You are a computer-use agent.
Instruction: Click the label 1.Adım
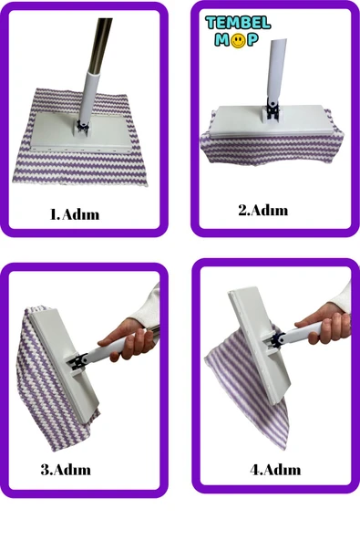tap(75, 214)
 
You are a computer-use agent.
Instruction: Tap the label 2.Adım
tap(263, 210)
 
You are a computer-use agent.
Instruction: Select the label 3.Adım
tap(66, 470)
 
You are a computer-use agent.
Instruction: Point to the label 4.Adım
tap(275, 470)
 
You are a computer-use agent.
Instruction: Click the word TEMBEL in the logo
tap(238, 23)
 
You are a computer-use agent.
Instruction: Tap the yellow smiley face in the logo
tap(238, 41)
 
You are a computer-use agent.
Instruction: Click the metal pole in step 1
tap(100, 44)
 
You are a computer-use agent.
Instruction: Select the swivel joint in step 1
tap(83, 125)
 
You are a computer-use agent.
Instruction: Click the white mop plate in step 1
tap(81, 132)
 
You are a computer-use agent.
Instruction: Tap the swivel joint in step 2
tap(273, 109)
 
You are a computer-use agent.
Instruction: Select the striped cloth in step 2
tap(272, 148)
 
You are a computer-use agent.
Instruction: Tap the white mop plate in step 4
tap(259, 345)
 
